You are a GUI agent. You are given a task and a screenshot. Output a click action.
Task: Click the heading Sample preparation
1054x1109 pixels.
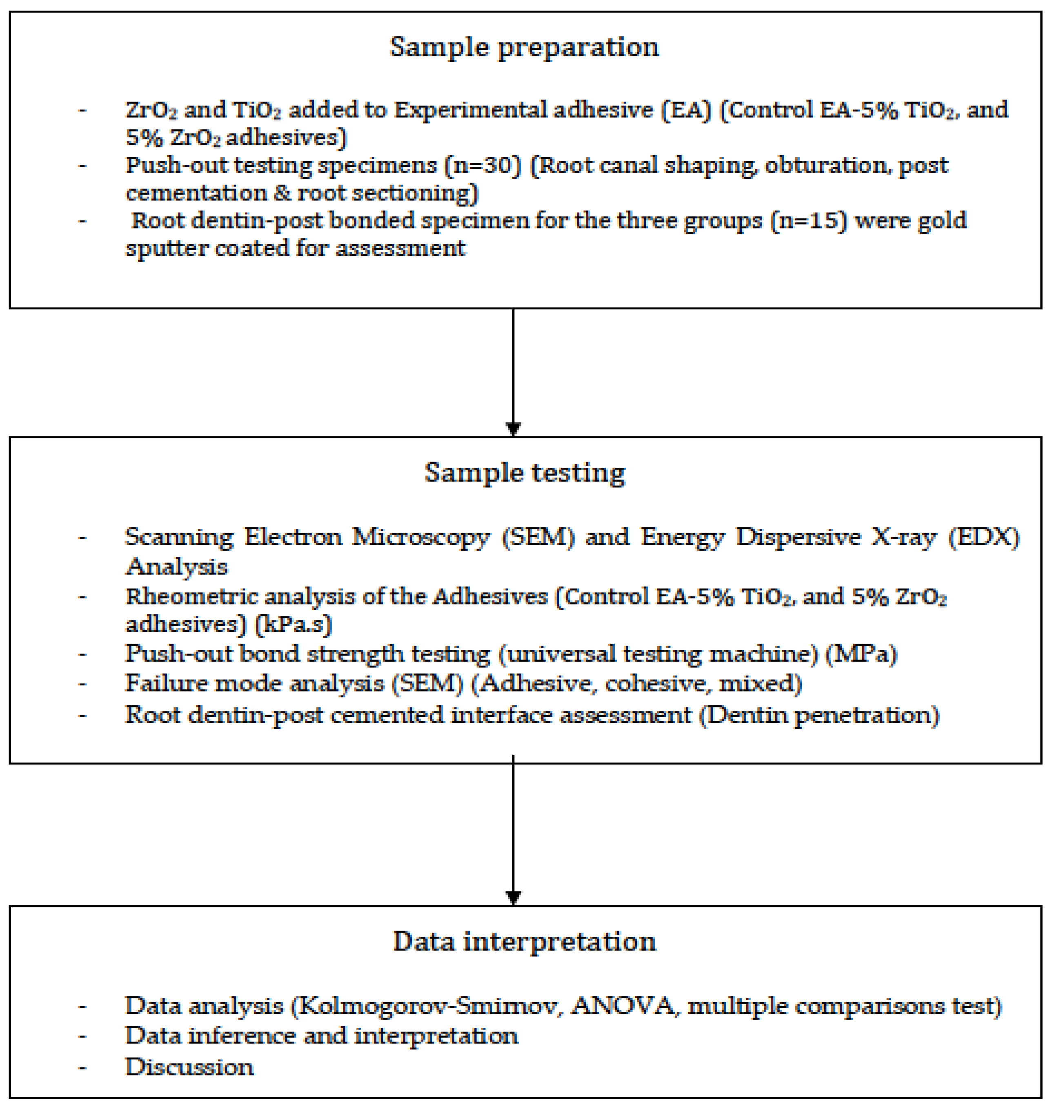(x=524, y=47)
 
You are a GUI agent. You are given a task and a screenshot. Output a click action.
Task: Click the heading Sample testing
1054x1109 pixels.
(x=524, y=473)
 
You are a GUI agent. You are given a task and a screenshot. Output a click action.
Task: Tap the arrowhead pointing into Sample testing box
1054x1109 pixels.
(x=514, y=429)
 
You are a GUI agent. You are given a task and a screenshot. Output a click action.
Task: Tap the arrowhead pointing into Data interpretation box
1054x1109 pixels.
(x=514, y=897)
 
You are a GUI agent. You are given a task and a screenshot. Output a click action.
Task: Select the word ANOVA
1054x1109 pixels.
(x=622, y=1006)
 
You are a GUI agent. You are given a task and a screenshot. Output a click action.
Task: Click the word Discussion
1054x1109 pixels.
(x=189, y=1066)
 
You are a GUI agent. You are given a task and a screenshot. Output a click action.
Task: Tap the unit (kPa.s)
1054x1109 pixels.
(x=293, y=624)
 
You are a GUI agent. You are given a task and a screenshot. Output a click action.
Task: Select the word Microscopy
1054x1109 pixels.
(x=421, y=537)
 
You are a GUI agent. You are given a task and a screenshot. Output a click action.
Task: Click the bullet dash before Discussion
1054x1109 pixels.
(x=82, y=1066)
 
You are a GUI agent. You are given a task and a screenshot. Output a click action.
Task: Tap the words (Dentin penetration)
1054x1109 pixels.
(x=818, y=715)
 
